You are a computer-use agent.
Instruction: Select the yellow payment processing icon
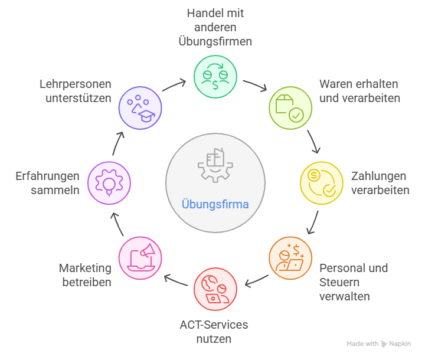321,182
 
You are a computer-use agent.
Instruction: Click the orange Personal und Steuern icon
290,258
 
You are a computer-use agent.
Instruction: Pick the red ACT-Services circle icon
215,289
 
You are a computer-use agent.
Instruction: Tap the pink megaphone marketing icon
140,258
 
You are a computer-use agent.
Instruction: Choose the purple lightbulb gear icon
109,182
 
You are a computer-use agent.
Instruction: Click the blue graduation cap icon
140,106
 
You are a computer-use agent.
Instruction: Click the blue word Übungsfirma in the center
215,205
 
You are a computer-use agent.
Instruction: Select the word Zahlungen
378,176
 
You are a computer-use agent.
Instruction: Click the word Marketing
85,268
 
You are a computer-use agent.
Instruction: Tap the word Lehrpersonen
76,84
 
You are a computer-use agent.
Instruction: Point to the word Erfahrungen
47,176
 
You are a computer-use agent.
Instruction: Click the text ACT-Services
214,325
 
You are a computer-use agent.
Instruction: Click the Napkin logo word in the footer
400,343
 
